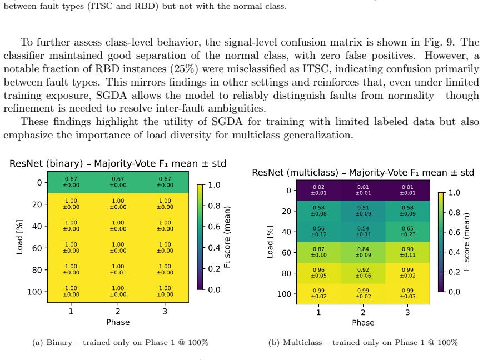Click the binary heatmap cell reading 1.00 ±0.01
point(118,269)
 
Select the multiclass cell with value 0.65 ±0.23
point(407,232)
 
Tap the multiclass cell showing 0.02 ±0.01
point(318,190)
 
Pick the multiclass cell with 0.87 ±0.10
point(318,252)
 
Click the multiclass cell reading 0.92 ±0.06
point(363,273)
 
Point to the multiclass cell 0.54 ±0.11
point(363,232)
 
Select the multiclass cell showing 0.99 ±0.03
point(407,293)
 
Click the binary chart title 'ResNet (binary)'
point(46,163)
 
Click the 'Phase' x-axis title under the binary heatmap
point(118,322)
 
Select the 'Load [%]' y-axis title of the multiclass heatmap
point(270,242)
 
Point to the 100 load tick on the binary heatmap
point(34,292)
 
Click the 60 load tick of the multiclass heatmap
point(286,253)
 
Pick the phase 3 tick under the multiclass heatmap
point(407,312)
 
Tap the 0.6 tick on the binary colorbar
point(214,227)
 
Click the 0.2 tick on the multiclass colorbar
point(454,272)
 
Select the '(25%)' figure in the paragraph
point(184,69)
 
